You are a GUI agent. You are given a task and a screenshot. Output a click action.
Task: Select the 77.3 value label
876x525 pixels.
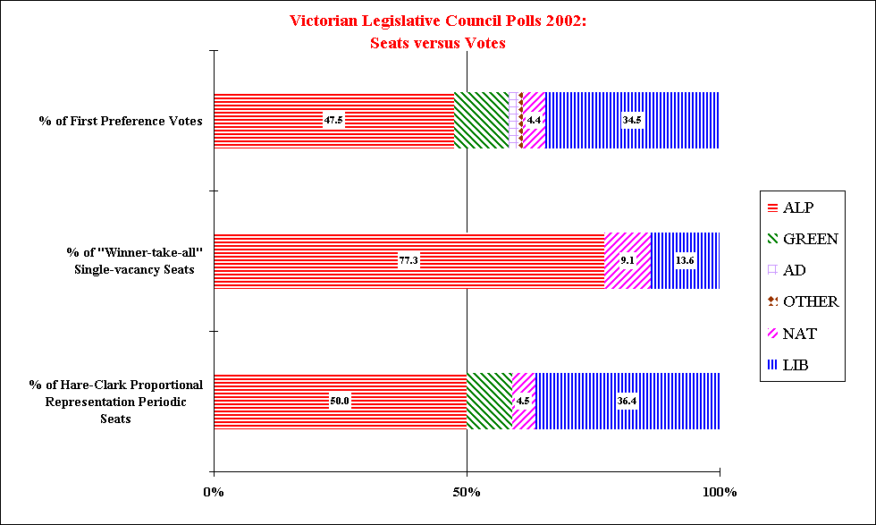pos(409,260)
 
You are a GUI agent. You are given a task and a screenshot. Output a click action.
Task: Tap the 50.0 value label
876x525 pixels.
pos(340,401)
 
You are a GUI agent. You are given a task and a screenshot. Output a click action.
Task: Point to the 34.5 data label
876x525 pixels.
pos(632,121)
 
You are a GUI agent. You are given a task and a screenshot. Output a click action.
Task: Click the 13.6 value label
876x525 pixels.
pos(685,260)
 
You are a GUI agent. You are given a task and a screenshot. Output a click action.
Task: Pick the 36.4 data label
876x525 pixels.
pos(627,401)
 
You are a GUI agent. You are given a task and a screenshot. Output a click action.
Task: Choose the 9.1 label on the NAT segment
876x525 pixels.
pos(628,260)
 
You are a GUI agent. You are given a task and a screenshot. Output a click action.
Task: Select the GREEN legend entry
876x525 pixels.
pos(801,239)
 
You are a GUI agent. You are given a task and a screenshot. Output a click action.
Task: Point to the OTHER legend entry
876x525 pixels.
pos(801,301)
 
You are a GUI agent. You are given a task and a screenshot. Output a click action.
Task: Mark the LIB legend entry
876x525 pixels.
pos(788,364)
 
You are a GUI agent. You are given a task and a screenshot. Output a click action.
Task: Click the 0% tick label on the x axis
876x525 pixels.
pos(214,493)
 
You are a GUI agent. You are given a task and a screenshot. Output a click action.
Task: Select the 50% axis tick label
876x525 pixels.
pos(467,493)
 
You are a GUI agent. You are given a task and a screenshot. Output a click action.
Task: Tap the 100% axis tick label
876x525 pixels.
pos(719,493)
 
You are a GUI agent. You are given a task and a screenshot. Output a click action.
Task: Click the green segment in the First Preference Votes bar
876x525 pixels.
pos(481,121)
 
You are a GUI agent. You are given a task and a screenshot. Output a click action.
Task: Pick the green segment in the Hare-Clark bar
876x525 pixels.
pos(489,401)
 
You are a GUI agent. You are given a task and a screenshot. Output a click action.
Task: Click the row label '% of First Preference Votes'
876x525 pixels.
pos(121,121)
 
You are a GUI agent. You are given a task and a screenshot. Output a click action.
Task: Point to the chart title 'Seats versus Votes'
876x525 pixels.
pos(438,44)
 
